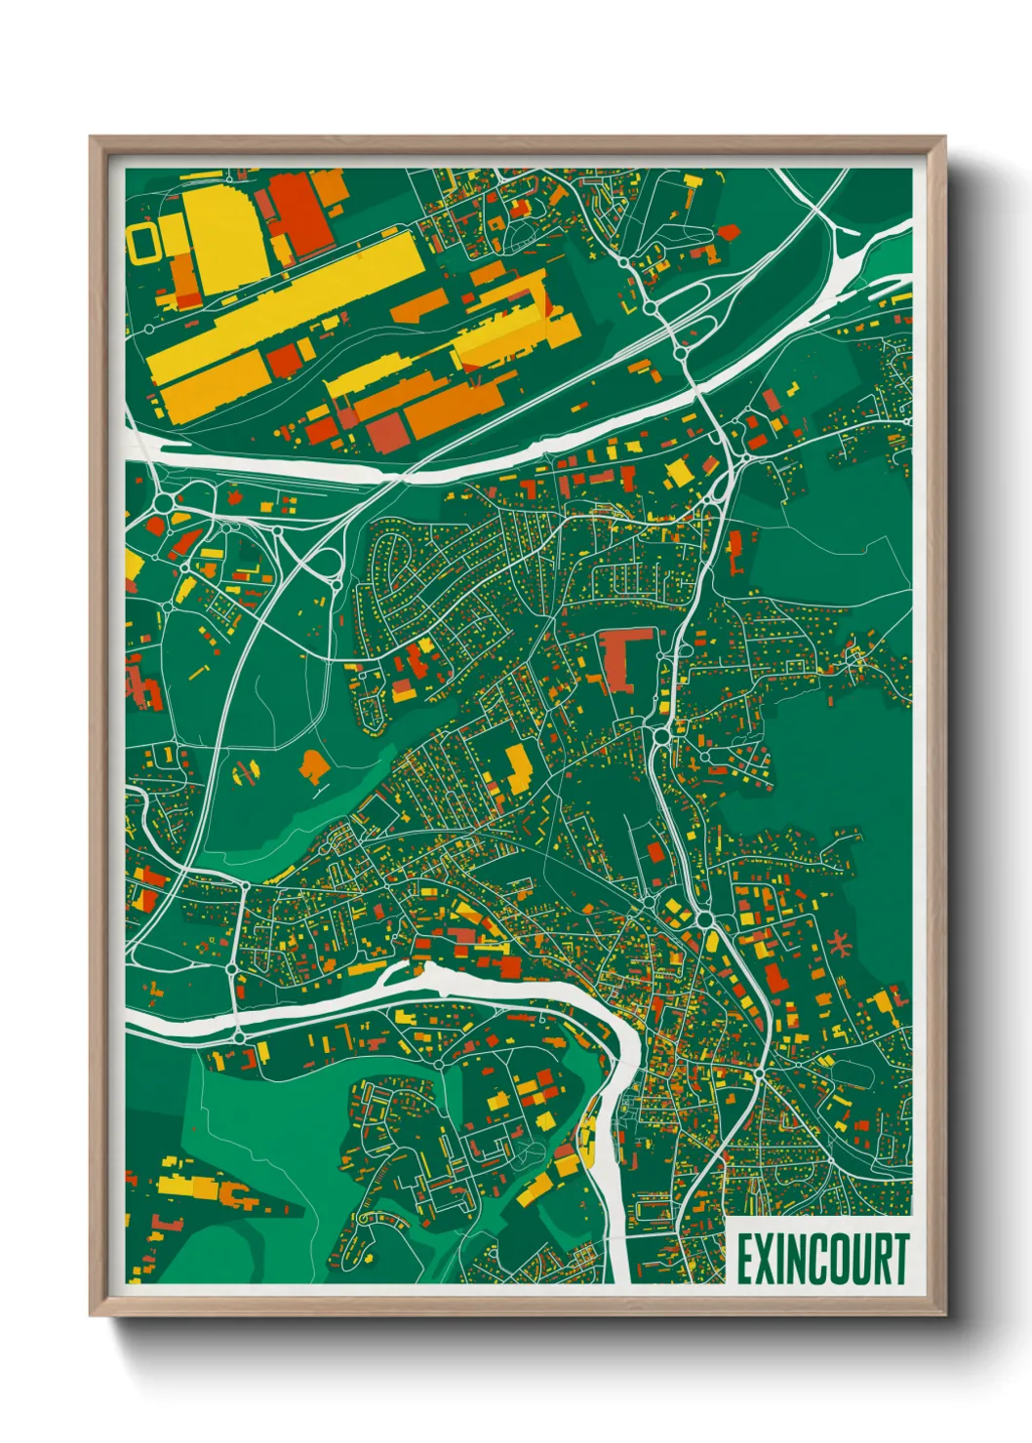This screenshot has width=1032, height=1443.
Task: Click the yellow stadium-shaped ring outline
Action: [x=144, y=243]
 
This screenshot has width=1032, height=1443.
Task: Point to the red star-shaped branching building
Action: [x=839, y=943]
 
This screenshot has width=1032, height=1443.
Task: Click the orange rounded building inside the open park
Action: [x=313, y=765]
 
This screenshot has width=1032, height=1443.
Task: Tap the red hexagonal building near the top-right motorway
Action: [x=728, y=231]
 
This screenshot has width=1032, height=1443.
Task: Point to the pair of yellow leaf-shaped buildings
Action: [x=242, y=773]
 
